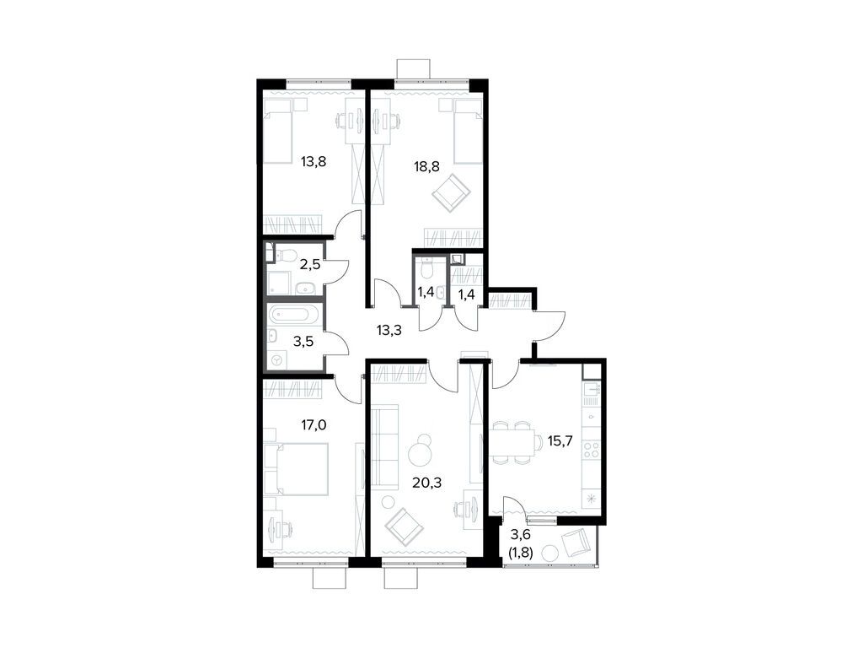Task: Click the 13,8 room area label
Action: (x=314, y=162)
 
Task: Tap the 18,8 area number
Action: (x=426, y=166)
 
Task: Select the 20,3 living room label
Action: (x=427, y=483)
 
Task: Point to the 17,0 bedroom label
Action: (x=313, y=425)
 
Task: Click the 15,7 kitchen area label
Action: (x=560, y=440)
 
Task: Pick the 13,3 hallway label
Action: (x=389, y=331)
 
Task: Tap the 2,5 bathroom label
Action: (x=310, y=263)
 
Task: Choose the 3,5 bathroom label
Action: (x=303, y=342)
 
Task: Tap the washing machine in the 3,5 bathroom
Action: (x=276, y=360)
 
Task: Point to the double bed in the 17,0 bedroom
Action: (x=296, y=469)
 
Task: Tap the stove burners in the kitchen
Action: (x=592, y=449)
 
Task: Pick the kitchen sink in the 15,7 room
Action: (x=592, y=392)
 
